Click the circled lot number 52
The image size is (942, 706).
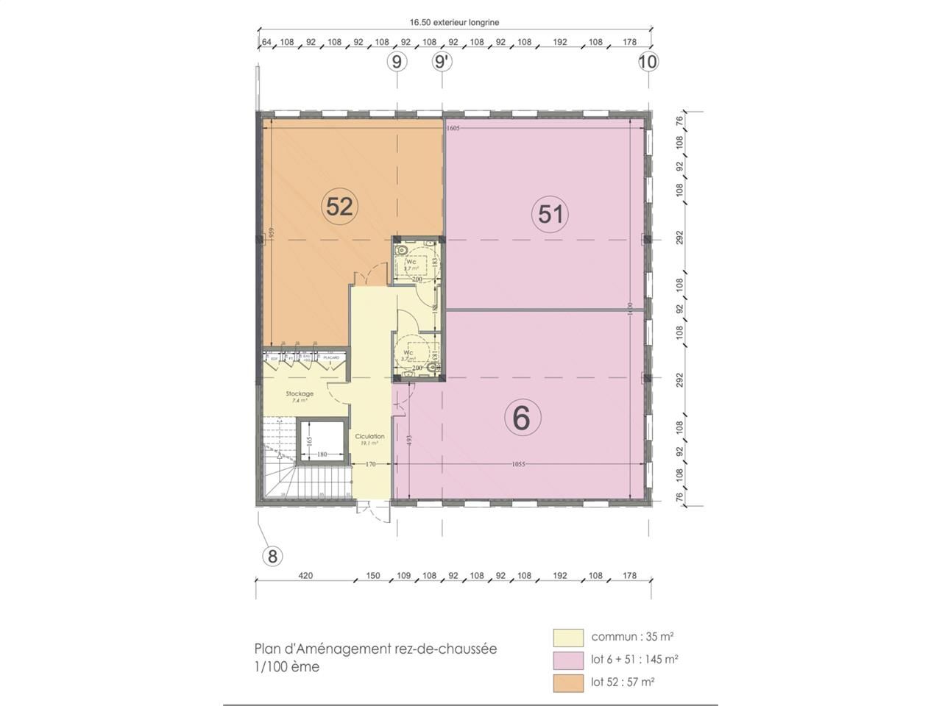click(339, 207)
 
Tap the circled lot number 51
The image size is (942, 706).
click(550, 214)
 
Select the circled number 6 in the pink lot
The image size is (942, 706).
click(522, 418)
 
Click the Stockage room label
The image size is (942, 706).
click(300, 394)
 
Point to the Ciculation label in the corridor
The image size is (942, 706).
click(369, 437)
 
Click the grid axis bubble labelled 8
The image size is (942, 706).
click(272, 556)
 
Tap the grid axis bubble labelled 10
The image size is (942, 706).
click(648, 62)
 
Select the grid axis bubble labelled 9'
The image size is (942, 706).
click(442, 62)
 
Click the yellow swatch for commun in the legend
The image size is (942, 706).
click(568, 637)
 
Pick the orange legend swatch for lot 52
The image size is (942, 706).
click(568, 682)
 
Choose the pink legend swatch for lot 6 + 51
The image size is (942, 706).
click(568, 660)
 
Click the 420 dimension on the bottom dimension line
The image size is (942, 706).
click(305, 576)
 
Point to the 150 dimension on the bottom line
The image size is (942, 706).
click(373, 576)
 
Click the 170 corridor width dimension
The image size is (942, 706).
click(372, 464)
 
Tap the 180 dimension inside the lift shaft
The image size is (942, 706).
click(322, 454)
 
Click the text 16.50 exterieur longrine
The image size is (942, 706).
click(454, 23)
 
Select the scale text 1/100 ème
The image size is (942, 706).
click(287, 667)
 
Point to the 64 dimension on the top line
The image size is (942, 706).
click(266, 42)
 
